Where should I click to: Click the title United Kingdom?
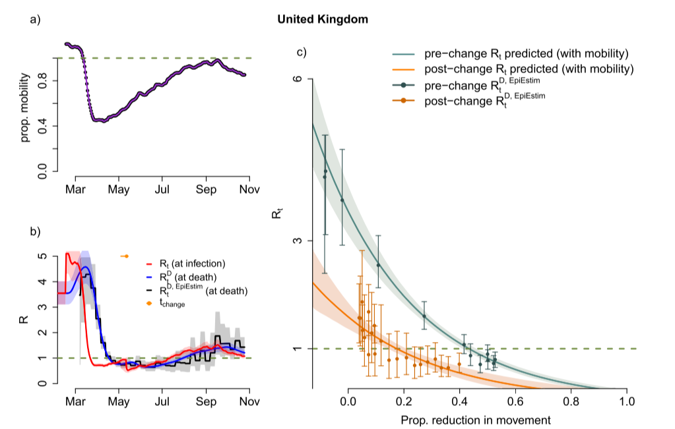click(x=323, y=20)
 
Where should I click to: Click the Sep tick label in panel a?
click(x=206, y=190)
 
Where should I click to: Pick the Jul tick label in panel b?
click(x=162, y=401)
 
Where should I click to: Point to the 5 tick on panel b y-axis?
click(x=44, y=256)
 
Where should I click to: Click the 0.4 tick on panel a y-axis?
click(x=44, y=126)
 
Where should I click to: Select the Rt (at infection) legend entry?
click(x=191, y=263)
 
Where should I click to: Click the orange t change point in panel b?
click(x=126, y=256)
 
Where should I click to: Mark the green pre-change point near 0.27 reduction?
click(x=424, y=316)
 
